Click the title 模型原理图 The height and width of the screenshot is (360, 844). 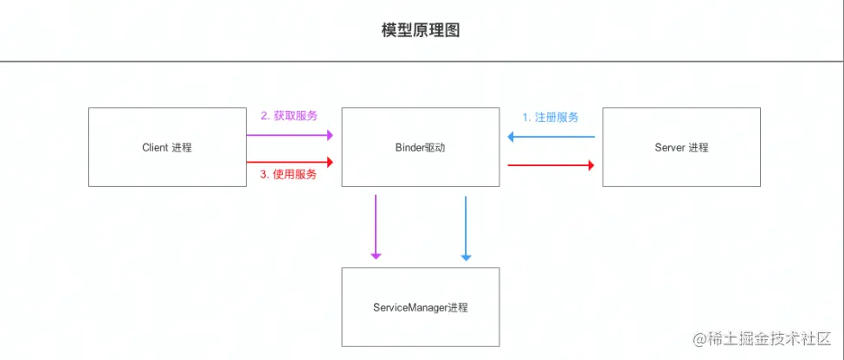click(421, 30)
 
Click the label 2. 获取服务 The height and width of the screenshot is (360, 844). click(289, 116)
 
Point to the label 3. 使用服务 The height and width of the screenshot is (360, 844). click(289, 174)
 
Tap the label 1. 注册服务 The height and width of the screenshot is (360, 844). click(551, 117)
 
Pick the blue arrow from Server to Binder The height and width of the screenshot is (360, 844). click(551, 137)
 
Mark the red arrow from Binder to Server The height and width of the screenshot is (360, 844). click(551, 164)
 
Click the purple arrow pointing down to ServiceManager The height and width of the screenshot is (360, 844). click(376, 227)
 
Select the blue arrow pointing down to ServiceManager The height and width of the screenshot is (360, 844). click(466, 227)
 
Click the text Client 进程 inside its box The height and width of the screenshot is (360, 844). click(167, 147)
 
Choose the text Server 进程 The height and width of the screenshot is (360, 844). click(681, 147)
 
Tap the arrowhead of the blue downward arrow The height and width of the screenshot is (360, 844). click(466, 256)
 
